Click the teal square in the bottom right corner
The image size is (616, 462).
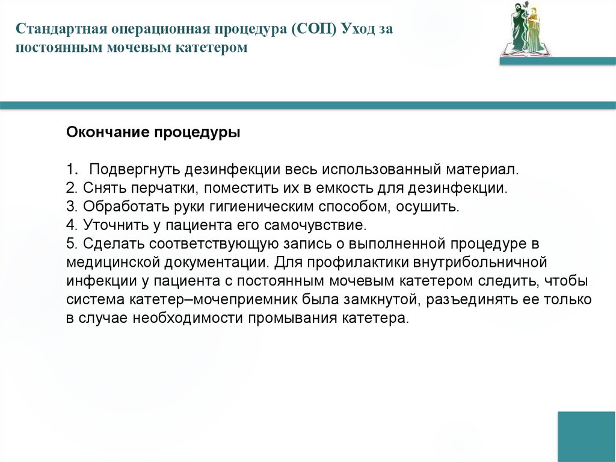pyautogui.click(x=587, y=436)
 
